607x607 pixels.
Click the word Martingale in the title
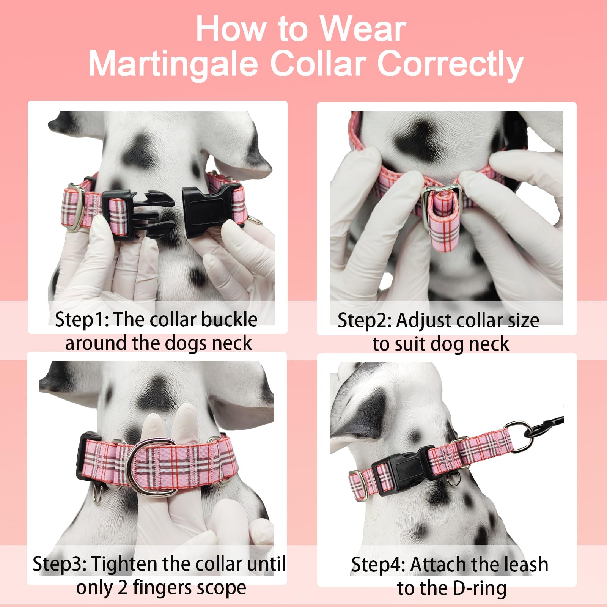(x=173, y=64)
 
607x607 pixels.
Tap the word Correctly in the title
(x=450, y=64)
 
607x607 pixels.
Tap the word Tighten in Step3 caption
(x=122, y=564)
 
